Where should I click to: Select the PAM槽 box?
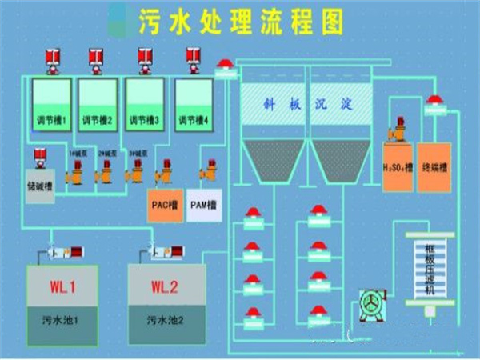click(x=204, y=206)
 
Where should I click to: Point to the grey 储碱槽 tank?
click(x=40, y=186)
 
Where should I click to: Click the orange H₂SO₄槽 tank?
click(x=398, y=168)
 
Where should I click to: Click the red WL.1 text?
click(x=62, y=285)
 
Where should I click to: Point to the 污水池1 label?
click(x=62, y=320)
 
